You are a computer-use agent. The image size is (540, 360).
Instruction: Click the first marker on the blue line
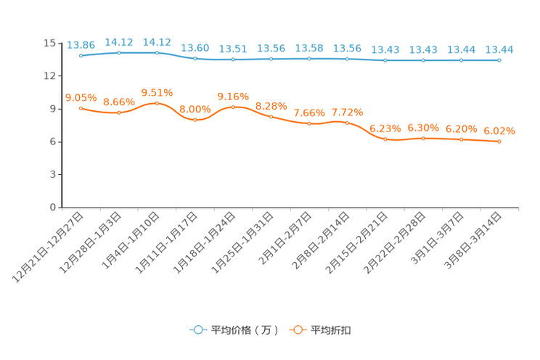click(81, 55)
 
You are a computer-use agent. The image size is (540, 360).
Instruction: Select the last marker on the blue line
click(499, 60)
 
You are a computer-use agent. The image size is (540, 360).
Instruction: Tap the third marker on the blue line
click(157, 52)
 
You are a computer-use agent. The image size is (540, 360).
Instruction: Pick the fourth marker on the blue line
click(195, 58)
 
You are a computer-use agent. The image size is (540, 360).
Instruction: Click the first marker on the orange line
click(81, 108)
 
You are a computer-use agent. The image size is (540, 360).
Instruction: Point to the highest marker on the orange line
click(157, 103)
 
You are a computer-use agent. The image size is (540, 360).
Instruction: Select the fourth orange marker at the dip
click(195, 120)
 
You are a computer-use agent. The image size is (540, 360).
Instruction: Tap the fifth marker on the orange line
click(233, 107)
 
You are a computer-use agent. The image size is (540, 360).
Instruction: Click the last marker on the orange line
click(499, 142)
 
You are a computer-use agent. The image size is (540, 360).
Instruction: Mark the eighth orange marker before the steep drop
click(347, 123)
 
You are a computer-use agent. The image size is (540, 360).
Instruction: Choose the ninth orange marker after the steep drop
click(385, 139)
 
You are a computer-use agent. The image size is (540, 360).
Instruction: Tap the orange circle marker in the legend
click(297, 330)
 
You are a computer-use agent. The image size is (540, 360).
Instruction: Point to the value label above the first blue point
click(81, 45)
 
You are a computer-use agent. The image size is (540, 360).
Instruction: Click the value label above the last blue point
click(499, 49)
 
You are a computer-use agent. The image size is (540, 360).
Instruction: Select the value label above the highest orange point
click(157, 93)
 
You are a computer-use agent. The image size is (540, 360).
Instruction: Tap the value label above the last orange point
click(499, 131)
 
